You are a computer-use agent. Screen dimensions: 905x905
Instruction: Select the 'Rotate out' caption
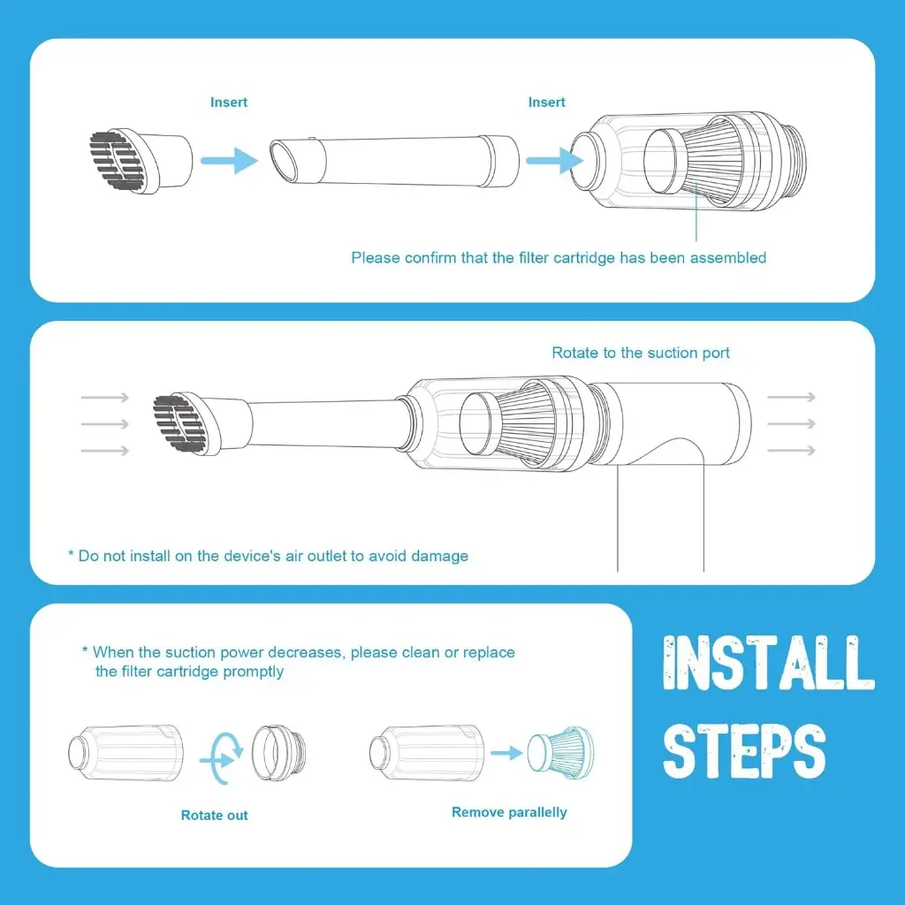215,815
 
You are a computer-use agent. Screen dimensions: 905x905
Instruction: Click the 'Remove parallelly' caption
509,812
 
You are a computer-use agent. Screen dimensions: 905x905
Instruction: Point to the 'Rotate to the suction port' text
641,353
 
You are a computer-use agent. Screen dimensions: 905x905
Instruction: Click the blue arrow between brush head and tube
228,160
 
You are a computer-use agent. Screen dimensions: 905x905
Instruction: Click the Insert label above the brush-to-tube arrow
229,103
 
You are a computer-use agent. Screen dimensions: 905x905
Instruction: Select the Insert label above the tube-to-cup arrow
546,103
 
